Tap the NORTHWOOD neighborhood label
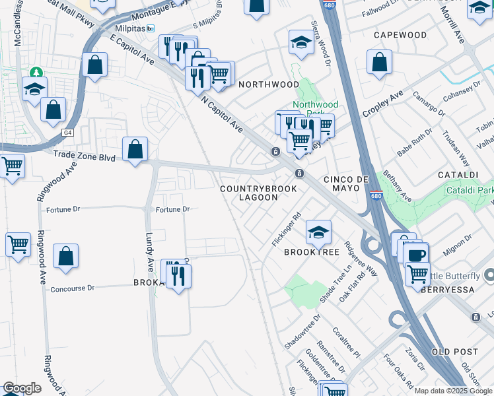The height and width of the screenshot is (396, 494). tap(269, 84)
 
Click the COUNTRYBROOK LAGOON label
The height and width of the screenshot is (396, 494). tap(259, 193)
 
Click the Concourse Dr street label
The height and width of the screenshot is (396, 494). tap(73, 288)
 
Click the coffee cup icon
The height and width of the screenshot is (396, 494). tap(415, 255)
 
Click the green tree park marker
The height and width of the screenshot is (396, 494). tap(35, 72)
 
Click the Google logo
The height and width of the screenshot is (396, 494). tap(22, 388)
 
